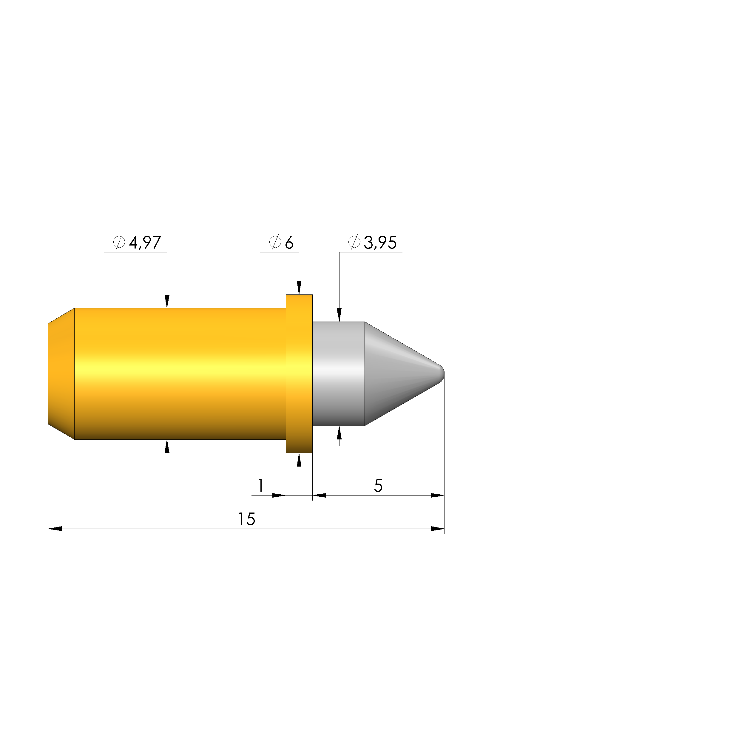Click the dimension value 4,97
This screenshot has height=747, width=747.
[x=145, y=243]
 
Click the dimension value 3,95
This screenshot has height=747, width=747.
[x=380, y=243]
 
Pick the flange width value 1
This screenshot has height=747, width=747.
[x=261, y=486]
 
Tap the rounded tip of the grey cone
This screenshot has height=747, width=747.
[x=442, y=373]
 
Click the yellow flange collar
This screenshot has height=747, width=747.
[x=299, y=373]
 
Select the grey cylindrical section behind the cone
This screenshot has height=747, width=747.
[x=338, y=373]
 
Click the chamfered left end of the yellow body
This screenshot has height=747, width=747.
[x=61, y=373]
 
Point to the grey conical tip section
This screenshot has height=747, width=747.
[x=398, y=373]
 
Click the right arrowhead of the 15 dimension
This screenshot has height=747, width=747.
[x=438, y=529]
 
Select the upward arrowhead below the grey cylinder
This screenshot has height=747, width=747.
[x=339, y=433]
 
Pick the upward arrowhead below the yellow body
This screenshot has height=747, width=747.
[x=167, y=447]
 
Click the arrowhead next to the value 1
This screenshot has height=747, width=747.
[x=279, y=495]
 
